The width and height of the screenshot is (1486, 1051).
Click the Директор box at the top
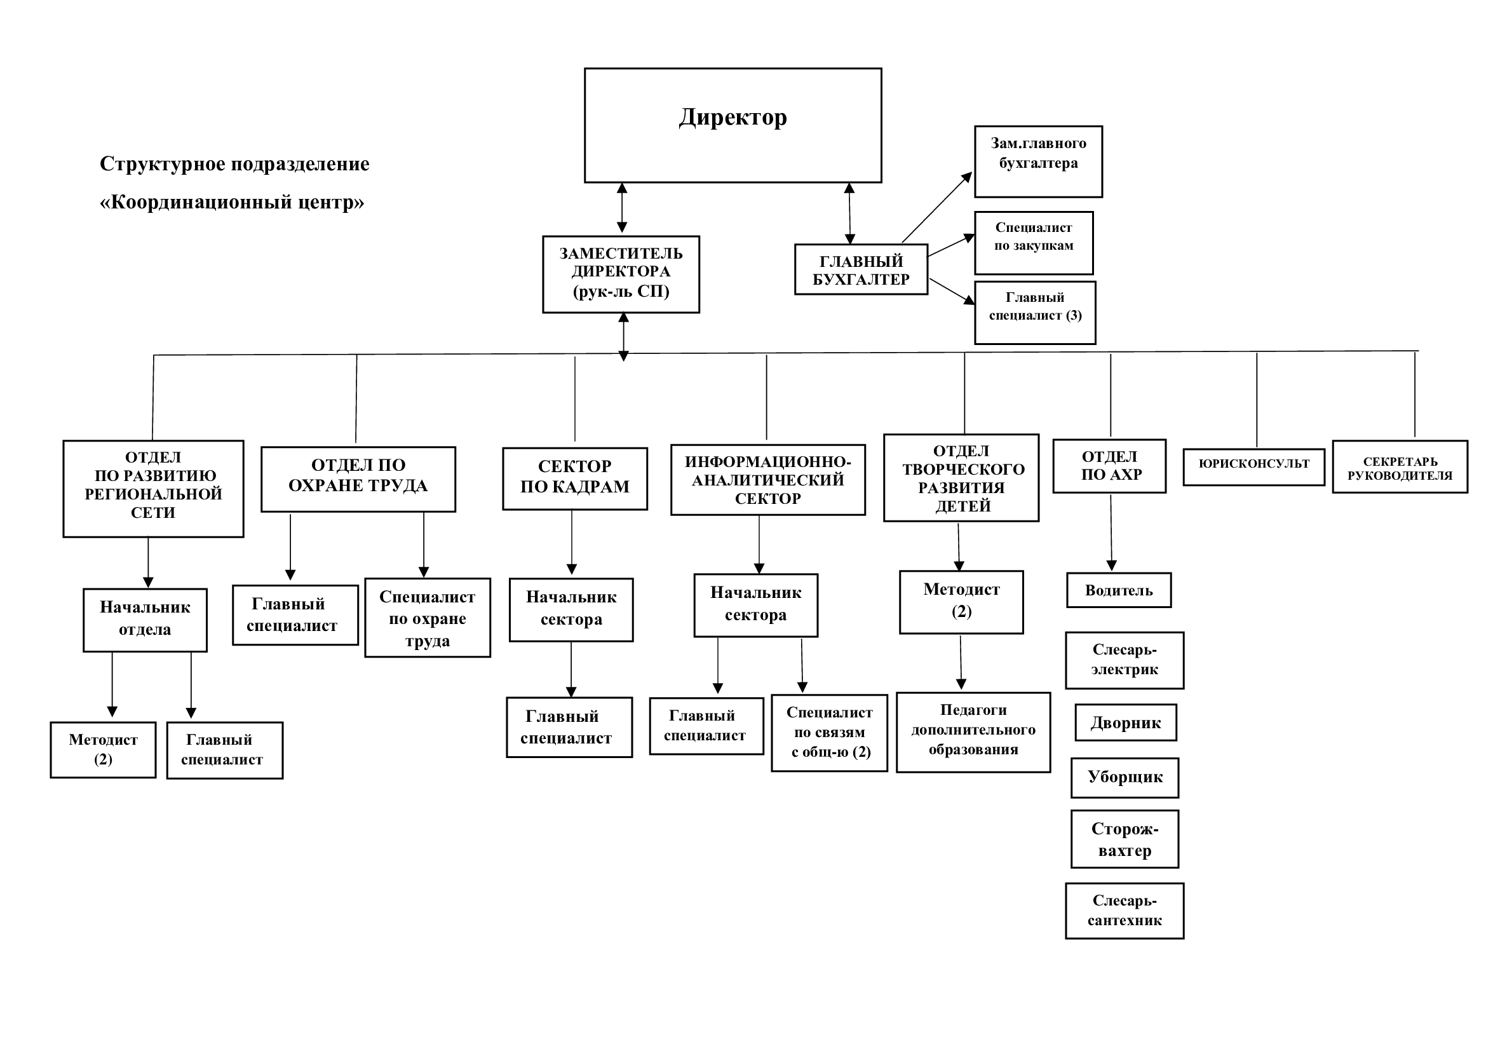point(733,126)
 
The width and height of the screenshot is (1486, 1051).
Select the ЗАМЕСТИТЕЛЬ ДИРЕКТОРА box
point(621,275)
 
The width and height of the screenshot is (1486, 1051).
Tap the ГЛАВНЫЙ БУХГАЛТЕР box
point(861,269)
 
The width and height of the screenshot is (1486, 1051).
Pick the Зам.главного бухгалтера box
point(1038,162)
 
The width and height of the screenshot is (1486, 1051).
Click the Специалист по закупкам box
point(1034,243)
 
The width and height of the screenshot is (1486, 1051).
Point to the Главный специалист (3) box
point(1035,313)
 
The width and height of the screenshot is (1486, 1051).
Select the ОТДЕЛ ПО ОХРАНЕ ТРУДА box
point(358,480)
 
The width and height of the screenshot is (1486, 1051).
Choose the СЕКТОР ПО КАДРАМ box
point(575,479)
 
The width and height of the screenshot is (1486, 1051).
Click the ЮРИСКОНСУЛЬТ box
point(1253,467)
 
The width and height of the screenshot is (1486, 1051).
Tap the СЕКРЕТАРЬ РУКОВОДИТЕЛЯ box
point(1400,467)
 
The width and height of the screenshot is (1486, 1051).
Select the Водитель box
point(1119,590)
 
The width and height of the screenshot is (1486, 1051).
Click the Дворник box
point(1126,723)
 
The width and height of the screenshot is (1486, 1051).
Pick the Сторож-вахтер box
point(1125,839)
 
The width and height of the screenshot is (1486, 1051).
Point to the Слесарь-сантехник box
point(1125,911)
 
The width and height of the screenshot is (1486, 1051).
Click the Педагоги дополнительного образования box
point(973,733)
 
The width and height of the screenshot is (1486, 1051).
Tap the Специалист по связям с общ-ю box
point(829,733)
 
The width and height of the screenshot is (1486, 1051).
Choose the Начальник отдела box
point(145,620)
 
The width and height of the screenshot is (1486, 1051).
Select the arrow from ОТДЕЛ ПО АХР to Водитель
point(1111,533)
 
